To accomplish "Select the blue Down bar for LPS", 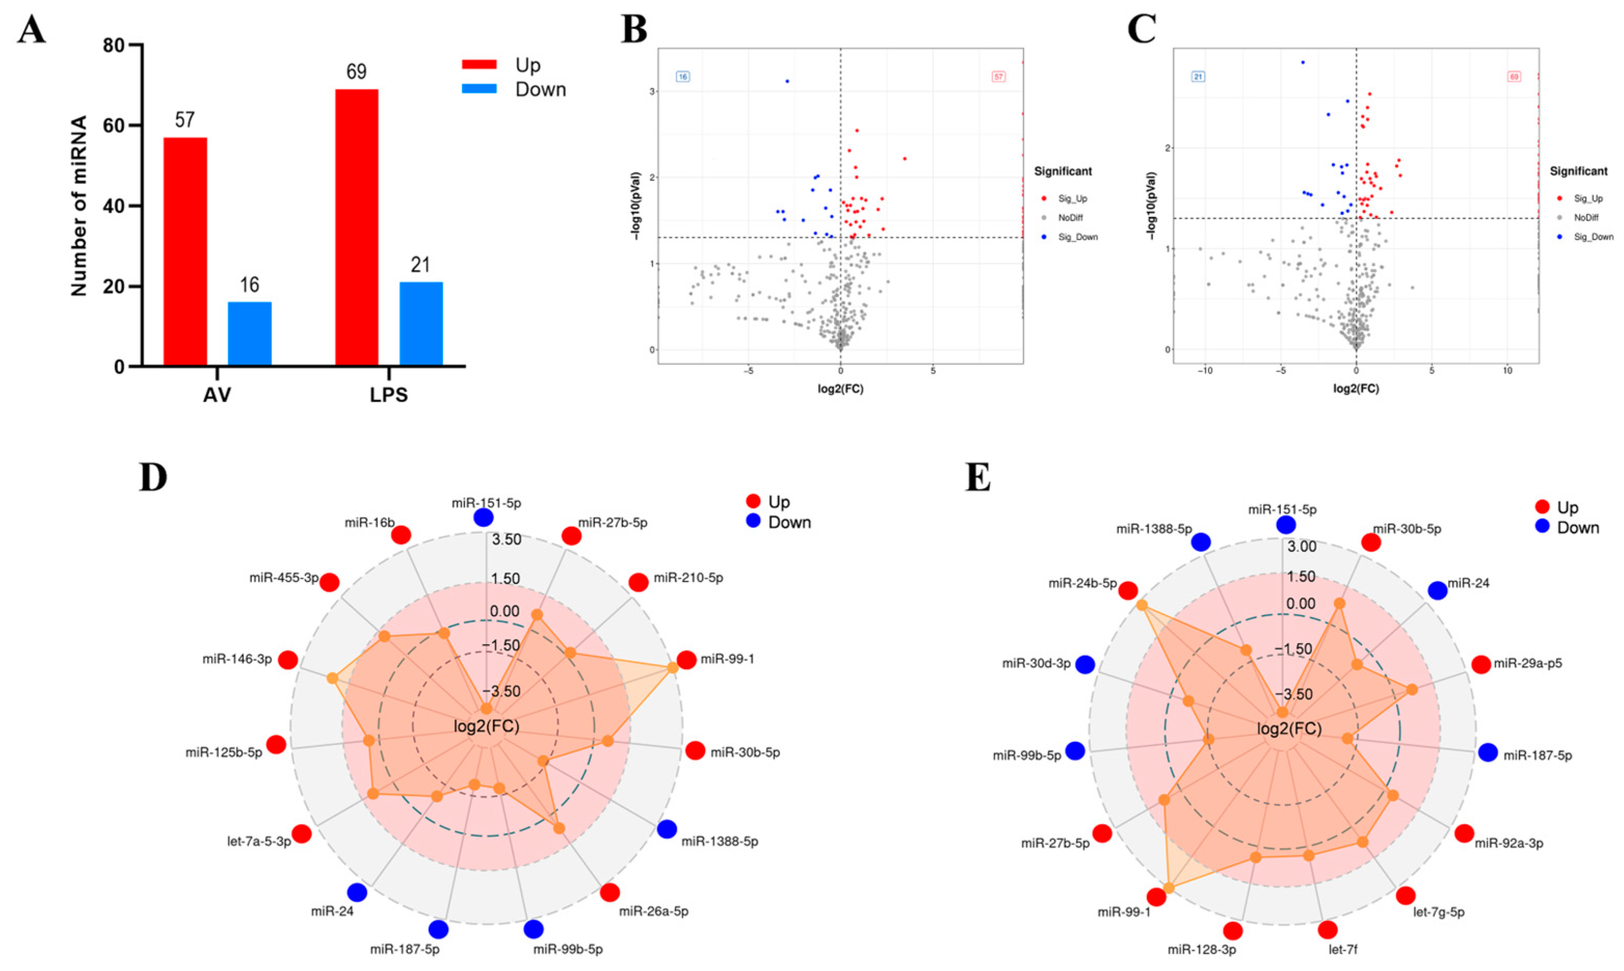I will tap(421, 323).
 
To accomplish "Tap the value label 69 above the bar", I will tap(356, 71).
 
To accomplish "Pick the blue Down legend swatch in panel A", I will tap(479, 89).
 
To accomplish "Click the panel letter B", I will tap(633, 30).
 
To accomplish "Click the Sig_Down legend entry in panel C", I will tap(1593, 237).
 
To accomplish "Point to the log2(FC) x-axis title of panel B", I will tap(840, 389).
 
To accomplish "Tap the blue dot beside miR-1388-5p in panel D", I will tap(667, 829).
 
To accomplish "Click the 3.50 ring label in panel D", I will tap(507, 540).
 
